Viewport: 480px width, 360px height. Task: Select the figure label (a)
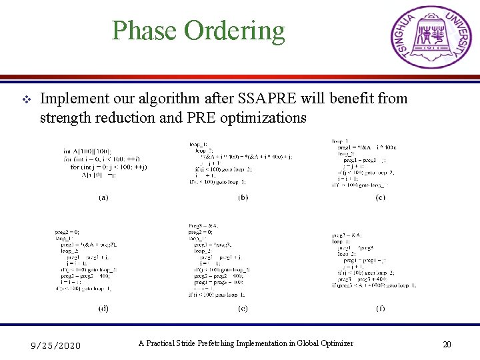(105, 197)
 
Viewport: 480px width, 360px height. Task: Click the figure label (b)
(243, 197)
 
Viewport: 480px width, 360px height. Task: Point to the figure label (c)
(380, 197)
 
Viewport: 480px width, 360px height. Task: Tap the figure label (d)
(105, 308)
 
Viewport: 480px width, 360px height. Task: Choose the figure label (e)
(243, 308)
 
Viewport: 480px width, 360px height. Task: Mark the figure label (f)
(380, 308)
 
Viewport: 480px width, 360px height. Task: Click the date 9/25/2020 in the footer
(57, 345)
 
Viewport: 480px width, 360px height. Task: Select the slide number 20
(447, 345)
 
